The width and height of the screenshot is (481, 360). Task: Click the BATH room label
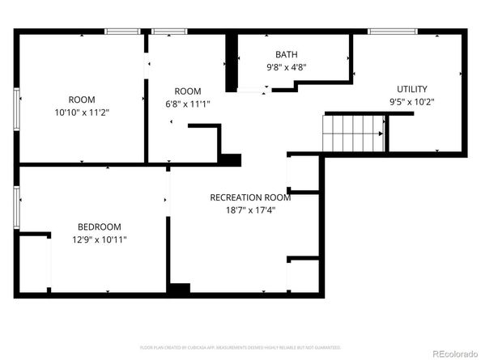286,55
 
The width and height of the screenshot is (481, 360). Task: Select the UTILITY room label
411,88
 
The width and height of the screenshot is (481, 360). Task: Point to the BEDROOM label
100,227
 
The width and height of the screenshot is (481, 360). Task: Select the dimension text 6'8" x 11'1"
187,104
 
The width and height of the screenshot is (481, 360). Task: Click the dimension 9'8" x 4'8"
286,67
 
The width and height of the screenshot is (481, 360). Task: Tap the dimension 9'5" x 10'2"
411,102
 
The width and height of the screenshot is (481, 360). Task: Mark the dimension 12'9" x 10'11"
100,239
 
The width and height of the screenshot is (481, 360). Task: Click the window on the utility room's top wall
393,32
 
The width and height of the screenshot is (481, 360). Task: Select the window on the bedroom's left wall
17,205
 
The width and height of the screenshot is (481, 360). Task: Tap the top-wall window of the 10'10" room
122,32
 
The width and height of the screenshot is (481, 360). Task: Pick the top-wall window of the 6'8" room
170,32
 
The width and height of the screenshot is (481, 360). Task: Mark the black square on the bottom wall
179,288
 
